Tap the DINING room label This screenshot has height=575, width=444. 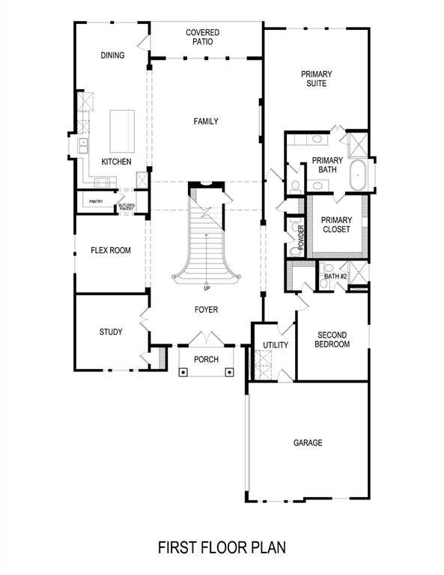[112, 55]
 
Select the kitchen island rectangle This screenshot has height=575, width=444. [122, 132]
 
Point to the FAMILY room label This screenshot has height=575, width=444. [206, 121]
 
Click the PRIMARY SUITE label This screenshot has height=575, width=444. [317, 79]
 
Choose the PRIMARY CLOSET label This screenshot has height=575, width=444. [335, 225]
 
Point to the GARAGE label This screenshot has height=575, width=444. [308, 443]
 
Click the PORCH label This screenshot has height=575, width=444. [206, 360]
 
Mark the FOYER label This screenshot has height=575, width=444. [206, 310]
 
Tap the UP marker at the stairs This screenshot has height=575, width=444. [206, 287]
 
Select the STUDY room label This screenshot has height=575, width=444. [111, 332]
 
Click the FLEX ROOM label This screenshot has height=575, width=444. [111, 251]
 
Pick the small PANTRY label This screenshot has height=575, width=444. [96, 201]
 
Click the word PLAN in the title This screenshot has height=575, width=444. [267, 548]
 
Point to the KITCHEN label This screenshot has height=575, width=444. [117, 162]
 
